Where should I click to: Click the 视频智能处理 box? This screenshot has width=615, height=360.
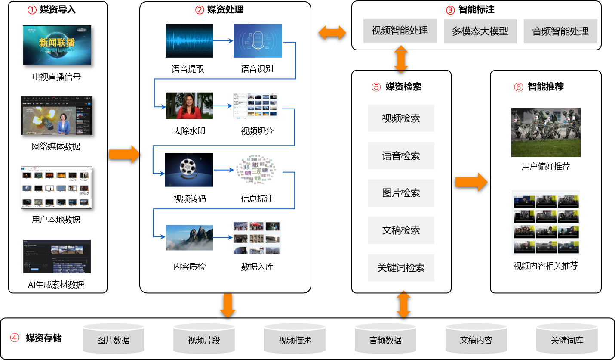[400, 31]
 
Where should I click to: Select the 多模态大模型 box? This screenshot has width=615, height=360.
[480, 31]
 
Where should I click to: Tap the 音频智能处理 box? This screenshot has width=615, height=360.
[560, 31]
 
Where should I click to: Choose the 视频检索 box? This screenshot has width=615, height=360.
[401, 118]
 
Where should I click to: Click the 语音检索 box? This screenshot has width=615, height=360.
[401, 155]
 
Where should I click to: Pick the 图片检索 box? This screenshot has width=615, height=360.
[401, 193]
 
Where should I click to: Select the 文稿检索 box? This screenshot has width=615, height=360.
[401, 230]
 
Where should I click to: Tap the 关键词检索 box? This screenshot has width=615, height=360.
[401, 268]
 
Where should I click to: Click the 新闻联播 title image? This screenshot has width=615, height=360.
[57, 45]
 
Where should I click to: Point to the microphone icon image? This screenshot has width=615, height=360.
[258, 40]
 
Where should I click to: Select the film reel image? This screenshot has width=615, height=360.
[189, 170]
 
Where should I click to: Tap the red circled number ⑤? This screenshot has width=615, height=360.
[376, 87]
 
